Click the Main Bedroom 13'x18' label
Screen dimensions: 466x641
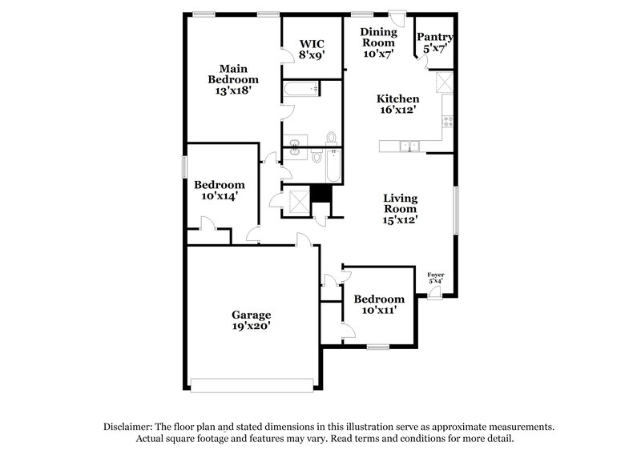click(233, 79)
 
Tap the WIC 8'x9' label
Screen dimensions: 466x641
click(312, 49)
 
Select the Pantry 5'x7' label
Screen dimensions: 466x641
click(435, 42)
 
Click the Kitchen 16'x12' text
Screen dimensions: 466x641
click(398, 104)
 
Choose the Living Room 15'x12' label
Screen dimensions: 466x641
click(400, 207)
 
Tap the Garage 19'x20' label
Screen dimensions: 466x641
click(252, 320)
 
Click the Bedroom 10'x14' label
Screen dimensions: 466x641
click(219, 190)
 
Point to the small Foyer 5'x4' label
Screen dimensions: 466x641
click(436, 278)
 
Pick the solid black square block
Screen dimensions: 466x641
click(320, 193)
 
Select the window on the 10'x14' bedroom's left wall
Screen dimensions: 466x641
click(185, 167)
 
